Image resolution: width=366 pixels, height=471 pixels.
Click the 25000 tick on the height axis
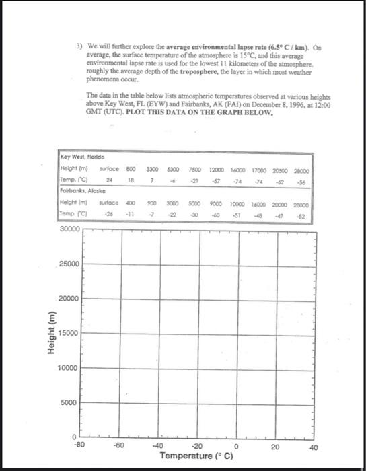coord(69,264)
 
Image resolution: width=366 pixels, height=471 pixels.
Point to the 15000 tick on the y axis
coord(69,334)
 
